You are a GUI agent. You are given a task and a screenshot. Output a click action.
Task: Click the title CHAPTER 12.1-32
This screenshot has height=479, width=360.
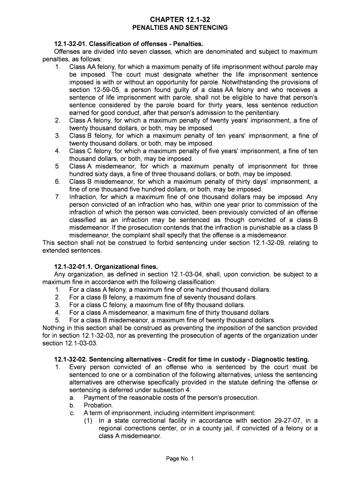pyautogui.click(x=180, y=19)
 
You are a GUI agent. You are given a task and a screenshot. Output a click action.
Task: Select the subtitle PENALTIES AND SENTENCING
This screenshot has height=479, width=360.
pyautogui.click(x=180, y=28)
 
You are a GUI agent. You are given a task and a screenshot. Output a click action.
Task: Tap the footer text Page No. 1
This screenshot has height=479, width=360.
pyautogui.click(x=180, y=458)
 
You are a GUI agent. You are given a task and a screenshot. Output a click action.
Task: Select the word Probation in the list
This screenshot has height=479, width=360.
pyautogui.click(x=98, y=405)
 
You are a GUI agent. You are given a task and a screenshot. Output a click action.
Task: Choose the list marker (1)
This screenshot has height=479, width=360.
pyautogui.click(x=89, y=421)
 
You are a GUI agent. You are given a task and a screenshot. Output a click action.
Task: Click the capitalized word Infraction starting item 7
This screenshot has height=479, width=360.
pyautogui.click(x=82, y=197)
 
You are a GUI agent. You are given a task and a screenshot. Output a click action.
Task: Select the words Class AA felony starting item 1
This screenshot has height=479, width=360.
pyautogui.click(x=92, y=67)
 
